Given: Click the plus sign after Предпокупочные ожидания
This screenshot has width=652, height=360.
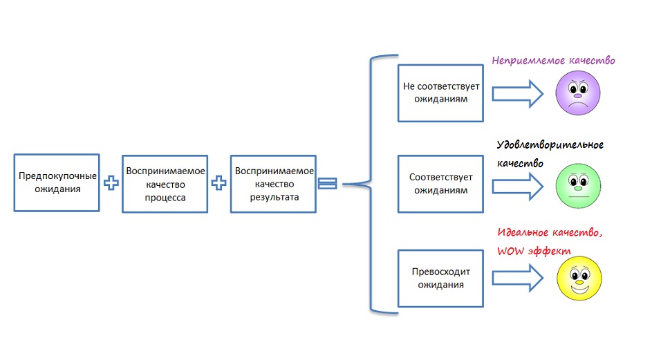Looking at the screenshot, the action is point(111,183).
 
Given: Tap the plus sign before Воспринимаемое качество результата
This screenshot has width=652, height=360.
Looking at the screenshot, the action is point(218,183).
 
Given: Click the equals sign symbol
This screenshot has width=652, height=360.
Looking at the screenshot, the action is point(328,183).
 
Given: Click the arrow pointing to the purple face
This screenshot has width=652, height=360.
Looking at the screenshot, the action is point(518,95).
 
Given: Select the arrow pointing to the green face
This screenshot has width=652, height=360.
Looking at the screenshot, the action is point(518,187).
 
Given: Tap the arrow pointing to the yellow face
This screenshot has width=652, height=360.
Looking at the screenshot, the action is point(518,278).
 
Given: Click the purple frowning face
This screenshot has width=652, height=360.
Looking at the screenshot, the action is point(578,93).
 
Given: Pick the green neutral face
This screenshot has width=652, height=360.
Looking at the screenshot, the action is point(579,185).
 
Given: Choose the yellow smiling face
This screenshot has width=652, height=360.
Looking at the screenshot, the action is point(579,278).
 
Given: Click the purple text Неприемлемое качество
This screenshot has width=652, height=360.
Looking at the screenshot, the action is point(553,61).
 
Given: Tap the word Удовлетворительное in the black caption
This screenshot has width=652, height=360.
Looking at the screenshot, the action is point(550,145).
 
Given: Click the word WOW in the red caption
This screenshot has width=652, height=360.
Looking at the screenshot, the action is point(511,251).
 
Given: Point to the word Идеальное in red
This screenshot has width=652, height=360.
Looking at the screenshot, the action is point(523,232).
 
